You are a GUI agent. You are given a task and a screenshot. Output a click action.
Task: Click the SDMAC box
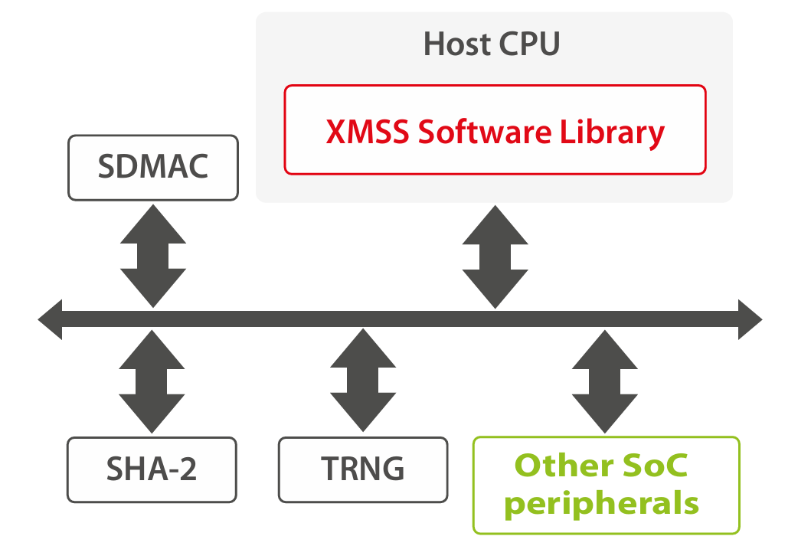coord(153,168)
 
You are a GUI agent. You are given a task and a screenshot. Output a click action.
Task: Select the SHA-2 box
coord(152,469)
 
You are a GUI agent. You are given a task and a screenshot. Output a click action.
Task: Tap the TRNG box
coord(362,469)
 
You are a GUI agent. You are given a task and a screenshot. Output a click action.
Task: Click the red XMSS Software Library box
coord(495,130)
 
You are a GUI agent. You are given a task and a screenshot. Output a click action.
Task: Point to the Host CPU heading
coord(492,44)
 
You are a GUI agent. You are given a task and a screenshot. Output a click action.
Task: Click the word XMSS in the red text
coord(367,132)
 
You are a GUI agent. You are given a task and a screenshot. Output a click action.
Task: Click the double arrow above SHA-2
coord(153,381)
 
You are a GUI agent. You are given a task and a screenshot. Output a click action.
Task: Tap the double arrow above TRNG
coord(363,381)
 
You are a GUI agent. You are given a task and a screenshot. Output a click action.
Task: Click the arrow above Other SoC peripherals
coord(606,381)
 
